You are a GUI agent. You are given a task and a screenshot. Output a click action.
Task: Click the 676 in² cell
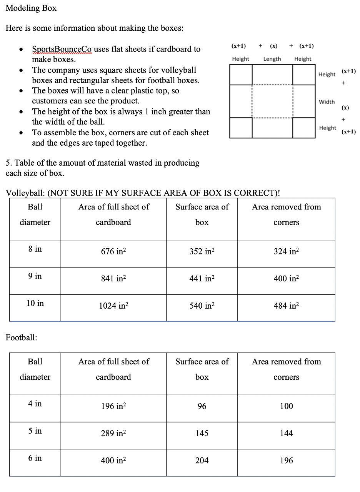click(113, 252)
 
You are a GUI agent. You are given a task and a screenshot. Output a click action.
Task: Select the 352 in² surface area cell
click(202, 252)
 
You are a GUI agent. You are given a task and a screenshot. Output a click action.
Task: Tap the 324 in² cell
click(286, 252)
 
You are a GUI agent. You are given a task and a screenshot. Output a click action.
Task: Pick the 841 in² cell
click(113, 279)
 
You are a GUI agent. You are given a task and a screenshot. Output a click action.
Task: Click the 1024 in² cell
click(113, 306)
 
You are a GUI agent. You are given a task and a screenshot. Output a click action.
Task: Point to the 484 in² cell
click(286, 306)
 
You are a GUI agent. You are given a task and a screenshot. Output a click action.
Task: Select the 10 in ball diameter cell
click(35, 303)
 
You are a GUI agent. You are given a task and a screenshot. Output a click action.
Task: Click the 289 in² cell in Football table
click(113, 434)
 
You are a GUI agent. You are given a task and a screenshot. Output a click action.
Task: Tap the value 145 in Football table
click(202, 434)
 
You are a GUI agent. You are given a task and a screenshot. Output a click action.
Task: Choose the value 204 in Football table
click(202, 461)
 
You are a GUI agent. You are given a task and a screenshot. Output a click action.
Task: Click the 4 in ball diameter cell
click(35, 404)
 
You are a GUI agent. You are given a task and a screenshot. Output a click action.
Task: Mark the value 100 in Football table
click(286, 406)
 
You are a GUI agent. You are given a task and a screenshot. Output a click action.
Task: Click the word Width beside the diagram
click(327, 102)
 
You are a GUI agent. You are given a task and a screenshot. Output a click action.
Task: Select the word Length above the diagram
click(272, 59)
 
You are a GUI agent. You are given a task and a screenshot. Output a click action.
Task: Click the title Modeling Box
click(31, 8)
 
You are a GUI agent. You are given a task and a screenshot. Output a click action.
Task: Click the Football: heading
click(22, 337)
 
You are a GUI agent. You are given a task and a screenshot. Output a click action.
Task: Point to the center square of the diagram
click(272, 101)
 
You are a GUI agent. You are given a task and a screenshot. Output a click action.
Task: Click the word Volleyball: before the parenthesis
click(25, 193)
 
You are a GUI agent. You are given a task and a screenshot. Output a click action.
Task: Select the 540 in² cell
click(202, 306)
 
